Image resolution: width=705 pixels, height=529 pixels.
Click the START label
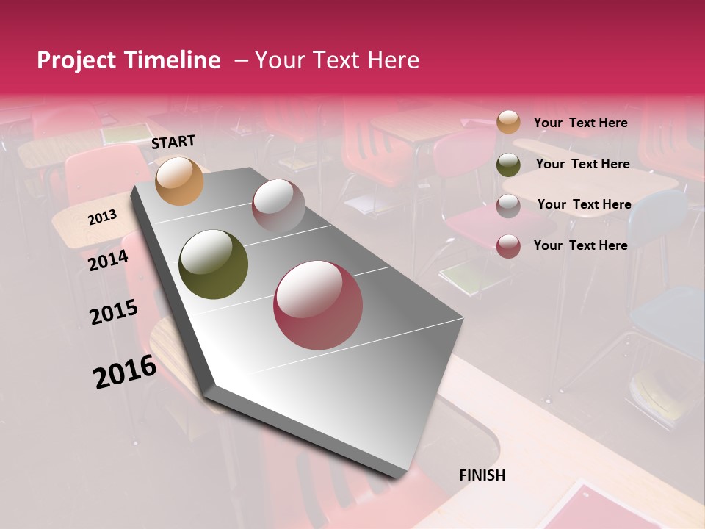[x=173, y=142]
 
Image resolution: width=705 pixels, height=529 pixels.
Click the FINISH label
[x=482, y=475]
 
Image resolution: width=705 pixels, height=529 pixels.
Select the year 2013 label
[x=102, y=217]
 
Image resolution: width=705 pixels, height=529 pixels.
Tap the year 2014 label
[x=108, y=260]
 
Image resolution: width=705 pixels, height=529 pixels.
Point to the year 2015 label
[x=114, y=312]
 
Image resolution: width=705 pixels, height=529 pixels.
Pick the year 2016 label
[x=125, y=372]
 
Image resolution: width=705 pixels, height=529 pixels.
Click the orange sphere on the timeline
[x=180, y=181]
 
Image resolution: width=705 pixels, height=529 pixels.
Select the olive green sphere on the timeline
[x=213, y=264]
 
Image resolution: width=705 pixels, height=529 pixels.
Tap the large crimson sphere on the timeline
[x=318, y=305]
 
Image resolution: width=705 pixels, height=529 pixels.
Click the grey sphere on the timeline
[x=278, y=205]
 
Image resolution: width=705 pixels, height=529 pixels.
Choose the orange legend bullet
[x=508, y=123]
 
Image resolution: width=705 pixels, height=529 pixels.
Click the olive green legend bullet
[x=508, y=165]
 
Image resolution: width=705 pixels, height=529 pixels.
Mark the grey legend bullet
[x=508, y=206]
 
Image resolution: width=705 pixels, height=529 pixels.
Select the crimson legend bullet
[x=508, y=246]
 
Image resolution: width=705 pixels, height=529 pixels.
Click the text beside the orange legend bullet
[x=580, y=123]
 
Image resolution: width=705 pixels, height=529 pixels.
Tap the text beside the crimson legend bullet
[x=580, y=245]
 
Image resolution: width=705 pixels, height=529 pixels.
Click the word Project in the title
[x=76, y=60]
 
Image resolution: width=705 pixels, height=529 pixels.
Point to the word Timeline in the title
[x=173, y=60]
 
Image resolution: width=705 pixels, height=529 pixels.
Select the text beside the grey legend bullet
[x=584, y=204]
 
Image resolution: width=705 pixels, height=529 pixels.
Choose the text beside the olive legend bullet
[x=582, y=164]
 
